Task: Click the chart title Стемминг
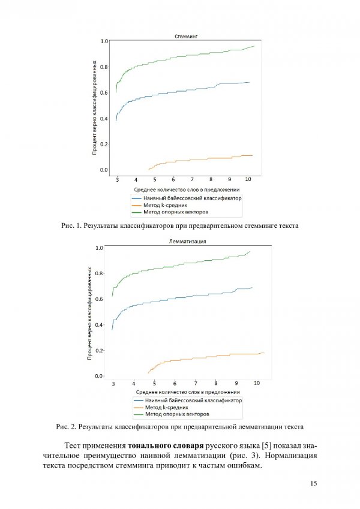pyautogui.click(x=186, y=37)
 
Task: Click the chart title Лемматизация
pyautogui.click(x=187, y=242)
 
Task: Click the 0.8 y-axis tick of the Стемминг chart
pyautogui.click(x=104, y=67)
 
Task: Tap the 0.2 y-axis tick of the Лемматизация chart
pyautogui.click(x=99, y=351)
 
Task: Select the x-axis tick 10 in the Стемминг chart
pyautogui.click(x=248, y=179)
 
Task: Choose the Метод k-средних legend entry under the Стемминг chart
pyautogui.click(x=165, y=205)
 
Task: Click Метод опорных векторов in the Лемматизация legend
pyautogui.click(x=177, y=414)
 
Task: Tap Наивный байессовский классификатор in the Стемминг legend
pyautogui.click(x=193, y=198)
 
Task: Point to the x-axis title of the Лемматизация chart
pyautogui.click(x=188, y=392)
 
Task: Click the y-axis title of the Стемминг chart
pyautogui.click(x=95, y=108)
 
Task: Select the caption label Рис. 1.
pyautogui.click(x=71, y=225)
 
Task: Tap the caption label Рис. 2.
pyautogui.click(x=66, y=426)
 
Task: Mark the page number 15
pyautogui.click(x=314, y=484)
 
